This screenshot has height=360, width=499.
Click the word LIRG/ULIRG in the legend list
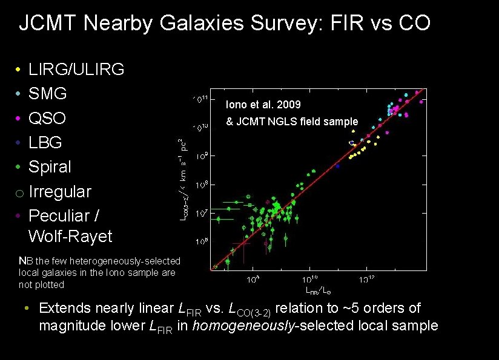(76, 70)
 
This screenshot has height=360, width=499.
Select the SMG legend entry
(48, 94)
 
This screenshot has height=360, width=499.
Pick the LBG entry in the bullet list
(45, 143)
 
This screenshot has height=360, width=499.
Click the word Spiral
(50, 167)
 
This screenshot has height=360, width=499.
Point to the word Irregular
(60, 192)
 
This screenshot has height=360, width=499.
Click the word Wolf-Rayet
(70, 236)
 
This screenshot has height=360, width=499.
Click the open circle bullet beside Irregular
(19, 193)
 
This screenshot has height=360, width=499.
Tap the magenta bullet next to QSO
(19, 119)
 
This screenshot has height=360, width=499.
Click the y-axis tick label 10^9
(202, 156)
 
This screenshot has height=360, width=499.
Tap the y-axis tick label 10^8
(202, 184)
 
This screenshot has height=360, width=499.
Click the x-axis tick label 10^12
(366, 280)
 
